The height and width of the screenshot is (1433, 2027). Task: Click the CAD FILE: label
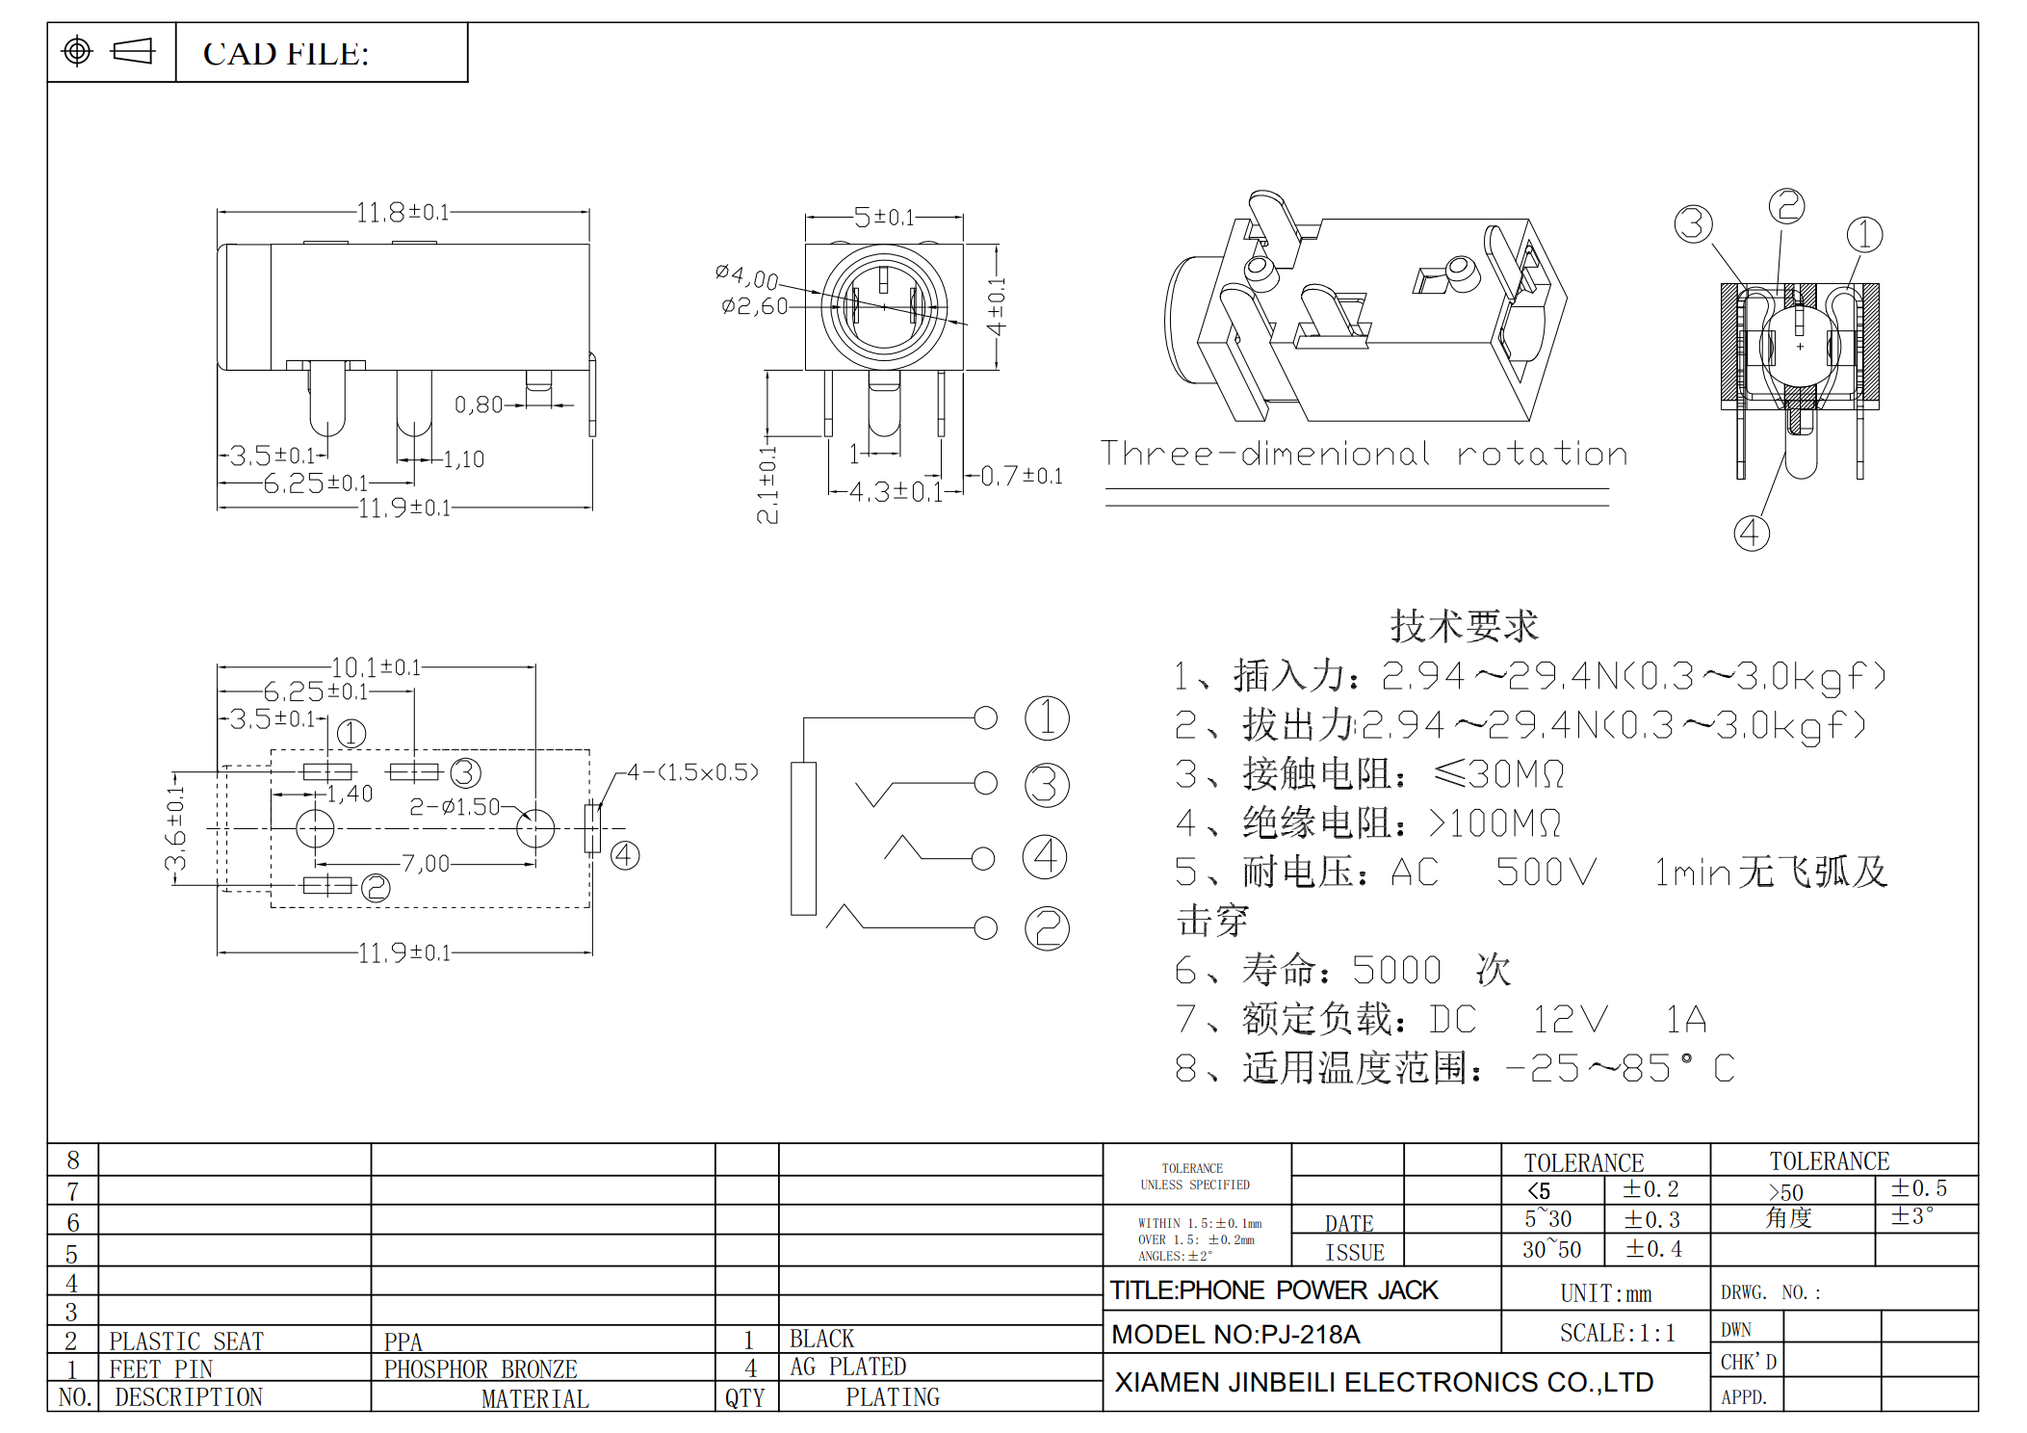tap(285, 54)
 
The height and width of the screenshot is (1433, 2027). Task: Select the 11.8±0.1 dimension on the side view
tap(403, 212)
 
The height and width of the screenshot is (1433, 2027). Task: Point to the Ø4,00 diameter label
tap(746, 276)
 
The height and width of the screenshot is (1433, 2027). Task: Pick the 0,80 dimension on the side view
tap(479, 404)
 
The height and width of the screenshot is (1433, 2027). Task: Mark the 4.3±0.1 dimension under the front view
tap(895, 492)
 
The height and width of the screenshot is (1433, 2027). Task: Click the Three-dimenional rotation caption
tap(1364, 454)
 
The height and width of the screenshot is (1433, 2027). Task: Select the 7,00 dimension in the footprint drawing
tap(426, 863)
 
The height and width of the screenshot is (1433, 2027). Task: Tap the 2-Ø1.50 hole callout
tap(455, 806)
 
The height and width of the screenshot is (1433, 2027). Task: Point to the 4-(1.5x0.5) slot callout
tap(692, 771)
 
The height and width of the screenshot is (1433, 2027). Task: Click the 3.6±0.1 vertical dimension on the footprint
tap(175, 828)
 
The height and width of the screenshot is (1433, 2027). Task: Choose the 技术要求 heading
tap(1464, 626)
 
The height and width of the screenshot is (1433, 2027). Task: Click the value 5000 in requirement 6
tap(1396, 970)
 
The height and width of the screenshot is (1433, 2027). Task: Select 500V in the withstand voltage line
tap(1546, 872)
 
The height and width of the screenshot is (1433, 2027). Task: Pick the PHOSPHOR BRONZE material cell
tap(481, 1368)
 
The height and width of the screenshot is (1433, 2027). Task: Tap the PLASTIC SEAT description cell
tap(186, 1341)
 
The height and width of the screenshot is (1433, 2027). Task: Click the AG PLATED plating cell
tap(847, 1367)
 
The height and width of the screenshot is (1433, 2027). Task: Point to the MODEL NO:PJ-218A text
tap(1235, 1334)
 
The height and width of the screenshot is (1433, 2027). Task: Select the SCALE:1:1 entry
tap(1617, 1333)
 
